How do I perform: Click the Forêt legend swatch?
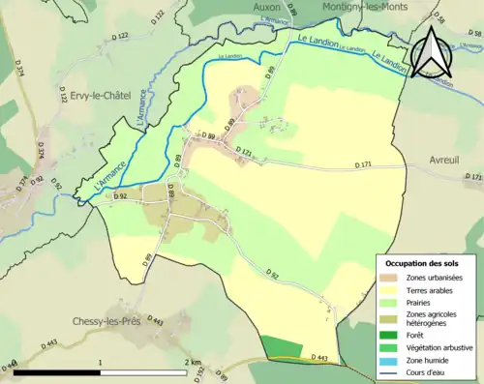393,335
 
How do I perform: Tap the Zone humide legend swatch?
393,359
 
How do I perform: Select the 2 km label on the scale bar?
192,362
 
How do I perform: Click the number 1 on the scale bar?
102,362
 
